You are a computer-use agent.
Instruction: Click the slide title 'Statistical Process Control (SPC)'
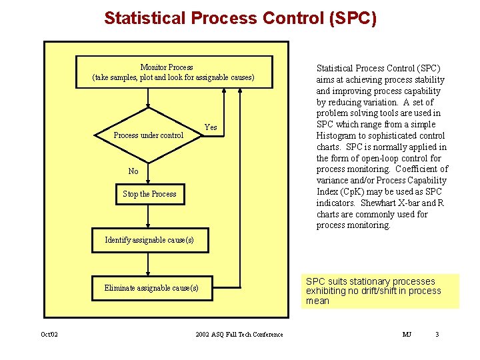pyautogui.click(x=240, y=18)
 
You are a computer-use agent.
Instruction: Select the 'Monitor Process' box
pyautogui.click(x=173, y=72)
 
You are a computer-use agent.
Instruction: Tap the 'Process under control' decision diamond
pyautogui.click(x=149, y=135)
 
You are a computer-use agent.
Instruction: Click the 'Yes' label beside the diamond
pyautogui.click(x=211, y=127)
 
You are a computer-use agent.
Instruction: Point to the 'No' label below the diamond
pyautogui.click(x=133, y=171)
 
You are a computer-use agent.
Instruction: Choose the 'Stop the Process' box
pyautogui.click(x=149, y=194)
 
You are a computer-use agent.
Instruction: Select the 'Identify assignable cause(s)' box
pyautogui.click(x=149, y=240)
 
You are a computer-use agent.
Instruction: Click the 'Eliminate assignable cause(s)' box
pyautogui.click(x=151, y=288)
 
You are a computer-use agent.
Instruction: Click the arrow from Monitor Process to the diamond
pyautogui.click(x=149, y=98)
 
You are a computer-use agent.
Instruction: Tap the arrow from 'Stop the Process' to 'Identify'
pyautogui.click(x=149, y=216)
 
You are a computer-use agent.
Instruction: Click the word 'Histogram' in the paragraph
pyautogui.click(x=337, y=135)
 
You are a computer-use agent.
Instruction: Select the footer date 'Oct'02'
pyautogui.click(x=49, y=334)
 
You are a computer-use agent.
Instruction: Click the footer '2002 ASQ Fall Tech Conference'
pyautogui.click(x=239, y=334)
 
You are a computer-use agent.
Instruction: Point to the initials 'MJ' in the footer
pyautogui.click(x=407, y=334)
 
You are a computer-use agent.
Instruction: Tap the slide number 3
pyautogui.click(x=437, y=334)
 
